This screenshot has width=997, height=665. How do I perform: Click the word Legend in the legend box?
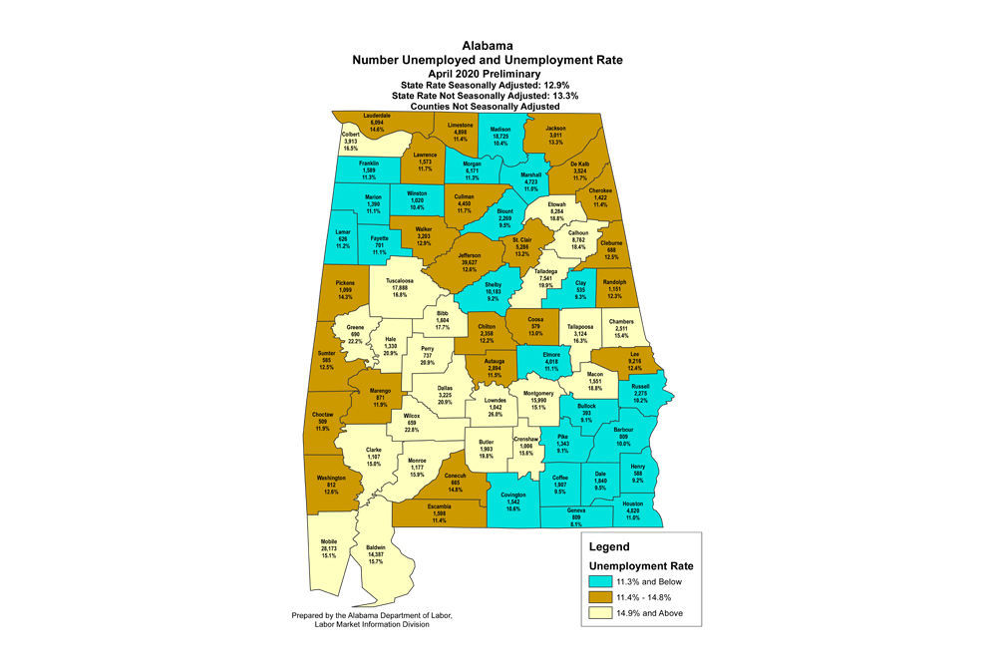(609, 547)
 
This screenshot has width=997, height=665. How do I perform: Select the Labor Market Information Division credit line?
(374, 625)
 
